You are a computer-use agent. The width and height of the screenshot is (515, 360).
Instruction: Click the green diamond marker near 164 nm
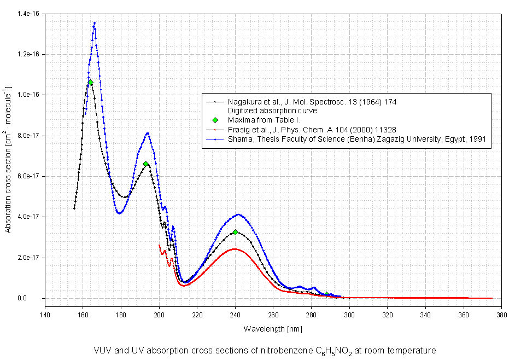(x=90, y=83)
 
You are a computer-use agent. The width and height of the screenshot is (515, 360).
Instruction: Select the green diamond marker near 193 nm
(x=146, y=164)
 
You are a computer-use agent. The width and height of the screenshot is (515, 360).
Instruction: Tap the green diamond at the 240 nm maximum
(x=235, y=232)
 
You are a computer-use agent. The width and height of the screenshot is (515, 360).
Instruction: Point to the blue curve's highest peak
(x=95, y=23)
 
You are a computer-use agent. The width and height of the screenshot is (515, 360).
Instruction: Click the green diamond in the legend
(x=215, y=120)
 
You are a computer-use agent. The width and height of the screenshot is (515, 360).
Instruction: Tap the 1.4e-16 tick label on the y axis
(x=28, y=13)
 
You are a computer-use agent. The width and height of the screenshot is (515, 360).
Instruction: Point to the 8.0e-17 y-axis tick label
(x=28, y=135)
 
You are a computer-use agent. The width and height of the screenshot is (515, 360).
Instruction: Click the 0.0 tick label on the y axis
(x=36, y=298)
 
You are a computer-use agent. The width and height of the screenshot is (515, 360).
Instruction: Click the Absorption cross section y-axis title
(x=8, y=159)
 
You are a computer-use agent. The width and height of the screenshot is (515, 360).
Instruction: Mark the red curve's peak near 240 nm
(x=235, y=249)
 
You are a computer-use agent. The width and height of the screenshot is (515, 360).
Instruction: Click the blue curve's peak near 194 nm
(x=148, y=133)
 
